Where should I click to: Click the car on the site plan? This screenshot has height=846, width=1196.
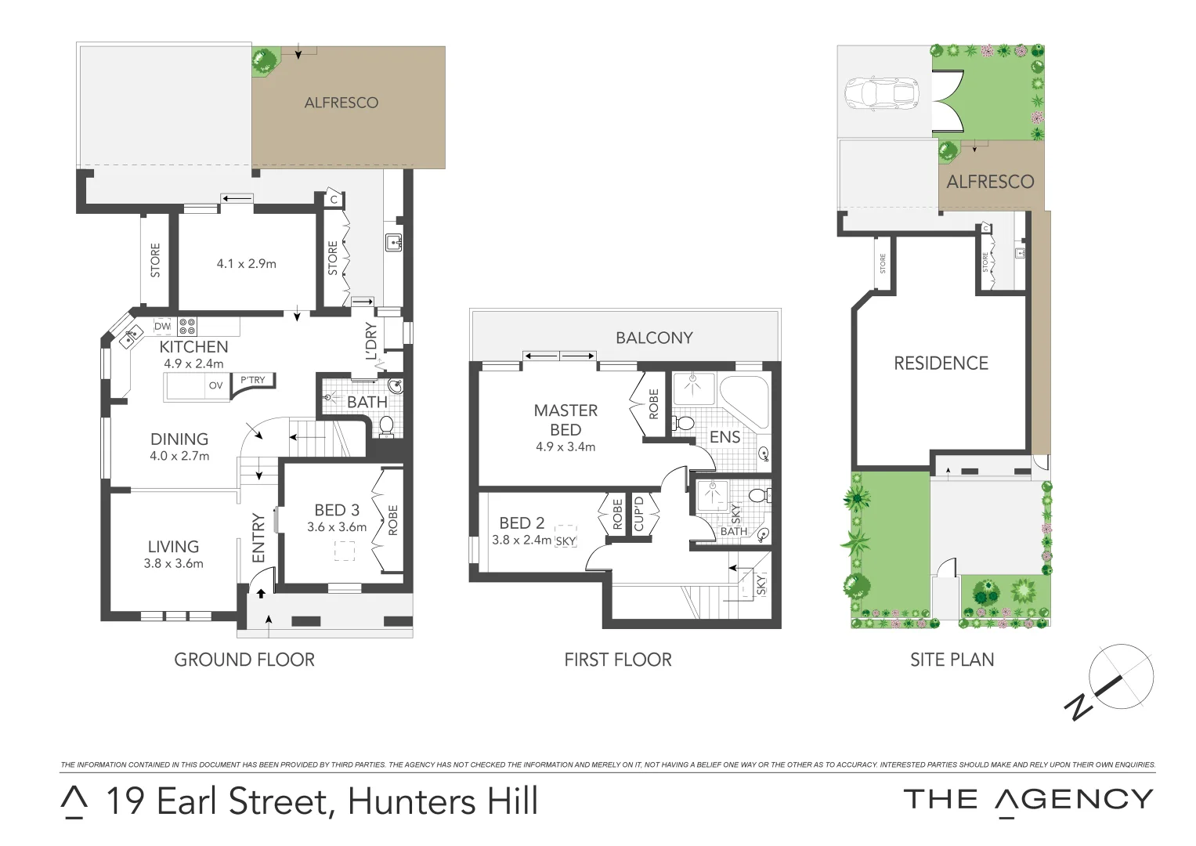(881, 92)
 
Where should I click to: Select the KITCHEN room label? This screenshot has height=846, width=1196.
(193, 347)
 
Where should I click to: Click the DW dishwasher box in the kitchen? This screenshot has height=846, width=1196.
(162, 326)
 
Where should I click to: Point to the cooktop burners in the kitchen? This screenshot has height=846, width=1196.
(187, 326)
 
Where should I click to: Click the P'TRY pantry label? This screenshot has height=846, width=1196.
(252, 380)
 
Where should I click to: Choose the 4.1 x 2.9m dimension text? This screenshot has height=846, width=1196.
(246, 264)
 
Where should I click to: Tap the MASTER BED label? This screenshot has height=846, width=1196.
(565, 420)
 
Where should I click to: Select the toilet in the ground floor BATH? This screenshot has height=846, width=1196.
(386, 425)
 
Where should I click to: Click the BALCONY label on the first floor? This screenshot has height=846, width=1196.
(654, 338)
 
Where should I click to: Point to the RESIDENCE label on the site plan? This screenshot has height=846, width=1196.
(941, 363)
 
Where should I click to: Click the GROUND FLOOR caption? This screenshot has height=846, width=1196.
(244, 660)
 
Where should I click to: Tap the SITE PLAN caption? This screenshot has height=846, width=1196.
(952, 660)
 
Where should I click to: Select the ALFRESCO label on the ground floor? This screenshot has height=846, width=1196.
(341, 103)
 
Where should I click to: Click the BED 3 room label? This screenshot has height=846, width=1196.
(337, 510)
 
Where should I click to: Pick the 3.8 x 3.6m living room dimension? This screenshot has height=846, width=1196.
(173, 563)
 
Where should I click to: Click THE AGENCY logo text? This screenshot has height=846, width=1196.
(1028, 800)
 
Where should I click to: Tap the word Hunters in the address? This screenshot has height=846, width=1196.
(410, 801)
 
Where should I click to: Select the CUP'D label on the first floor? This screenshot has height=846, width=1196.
(638, 514)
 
